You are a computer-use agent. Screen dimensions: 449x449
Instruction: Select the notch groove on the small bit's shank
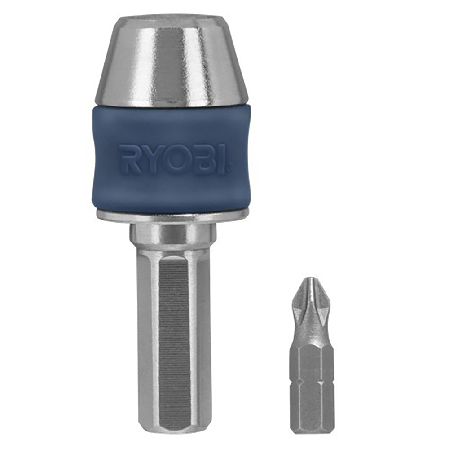point(309,383)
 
